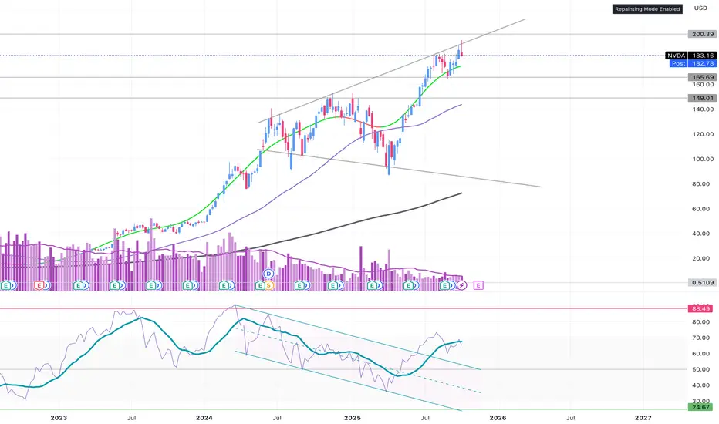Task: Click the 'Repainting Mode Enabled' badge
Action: [x=647, y=9]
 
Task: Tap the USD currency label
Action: [x=700, y=8]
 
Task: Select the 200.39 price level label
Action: [x=701, y=34]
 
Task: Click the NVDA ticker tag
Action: [x=677, y=56]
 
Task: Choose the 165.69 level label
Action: [x=701, y=78]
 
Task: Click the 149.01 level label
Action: [x=701, y=98]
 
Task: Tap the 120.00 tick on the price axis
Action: [x=701, y=134]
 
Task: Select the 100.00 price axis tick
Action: [x=701, y=159]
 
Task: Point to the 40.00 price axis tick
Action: [x=701, y=234]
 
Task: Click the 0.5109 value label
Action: [x=701, y=283]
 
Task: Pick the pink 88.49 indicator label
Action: [x=701, y=308]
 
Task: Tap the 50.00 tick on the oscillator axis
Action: [x=701, y=369]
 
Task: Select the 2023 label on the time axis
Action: [x=58, y=417]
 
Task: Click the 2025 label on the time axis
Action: [x=353, y=417]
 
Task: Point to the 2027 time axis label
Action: [x=643, y=417]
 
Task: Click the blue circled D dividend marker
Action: [x=269, y=274]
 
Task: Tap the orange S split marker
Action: [x=269, y=285]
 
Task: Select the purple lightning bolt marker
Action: [x=461, y=285]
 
